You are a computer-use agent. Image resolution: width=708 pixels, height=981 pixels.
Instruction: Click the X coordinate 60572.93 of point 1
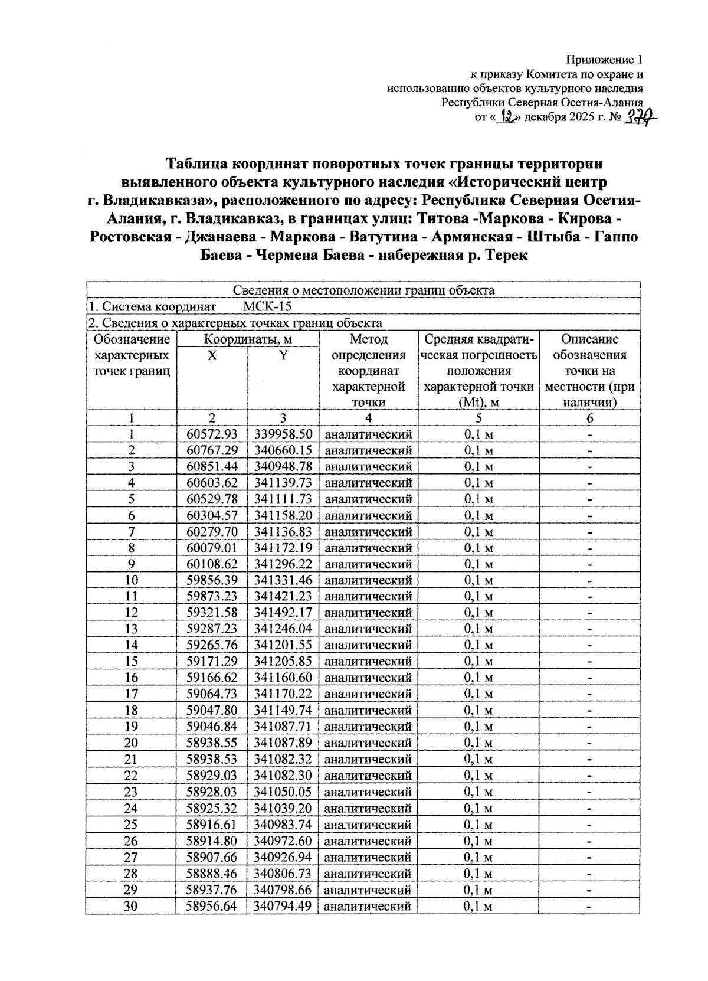point(212,434)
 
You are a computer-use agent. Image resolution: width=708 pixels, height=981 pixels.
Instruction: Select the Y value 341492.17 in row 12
point(283,612)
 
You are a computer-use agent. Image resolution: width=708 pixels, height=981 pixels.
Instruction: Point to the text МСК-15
point(267,306)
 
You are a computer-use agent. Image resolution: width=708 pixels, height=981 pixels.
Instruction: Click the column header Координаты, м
point(248,339)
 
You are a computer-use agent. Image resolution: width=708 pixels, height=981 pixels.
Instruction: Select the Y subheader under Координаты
point(283,355)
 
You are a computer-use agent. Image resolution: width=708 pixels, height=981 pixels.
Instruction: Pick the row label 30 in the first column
point(131,906)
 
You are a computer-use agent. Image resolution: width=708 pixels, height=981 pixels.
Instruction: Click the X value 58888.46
point(212,873)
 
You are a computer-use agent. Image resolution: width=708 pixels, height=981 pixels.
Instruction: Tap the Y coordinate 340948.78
point(283,466)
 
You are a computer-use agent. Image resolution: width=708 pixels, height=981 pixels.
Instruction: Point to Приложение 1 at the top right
point(604,60)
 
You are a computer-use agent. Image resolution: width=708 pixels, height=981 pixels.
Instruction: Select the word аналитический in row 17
point(368,694)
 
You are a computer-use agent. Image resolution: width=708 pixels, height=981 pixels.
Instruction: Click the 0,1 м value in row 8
point(478,548)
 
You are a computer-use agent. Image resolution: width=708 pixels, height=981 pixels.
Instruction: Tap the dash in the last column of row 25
point(589,825)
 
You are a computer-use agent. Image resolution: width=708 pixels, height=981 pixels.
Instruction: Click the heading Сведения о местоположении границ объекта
point(363,290)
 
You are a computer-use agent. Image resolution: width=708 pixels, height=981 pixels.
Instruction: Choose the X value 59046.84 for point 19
point(212,726)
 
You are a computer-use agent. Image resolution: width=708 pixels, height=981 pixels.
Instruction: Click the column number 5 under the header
point(478,418)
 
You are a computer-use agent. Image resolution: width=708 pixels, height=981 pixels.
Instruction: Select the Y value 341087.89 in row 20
point(283,743)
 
